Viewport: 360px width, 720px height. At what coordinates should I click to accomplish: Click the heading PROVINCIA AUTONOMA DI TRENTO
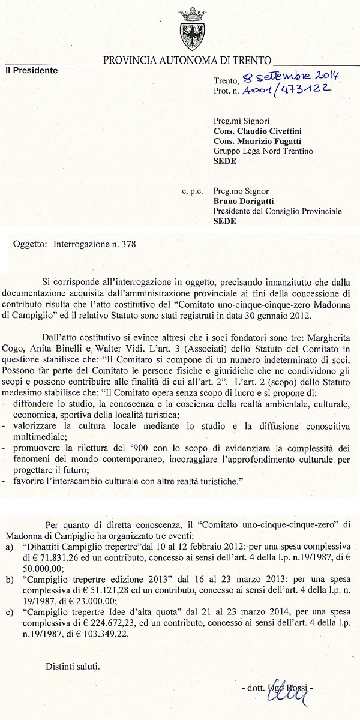tap(187, 60)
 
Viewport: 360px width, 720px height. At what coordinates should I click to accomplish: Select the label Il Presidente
tap(32, 70)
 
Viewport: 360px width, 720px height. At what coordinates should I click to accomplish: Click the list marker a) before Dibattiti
tap(9, 548)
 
